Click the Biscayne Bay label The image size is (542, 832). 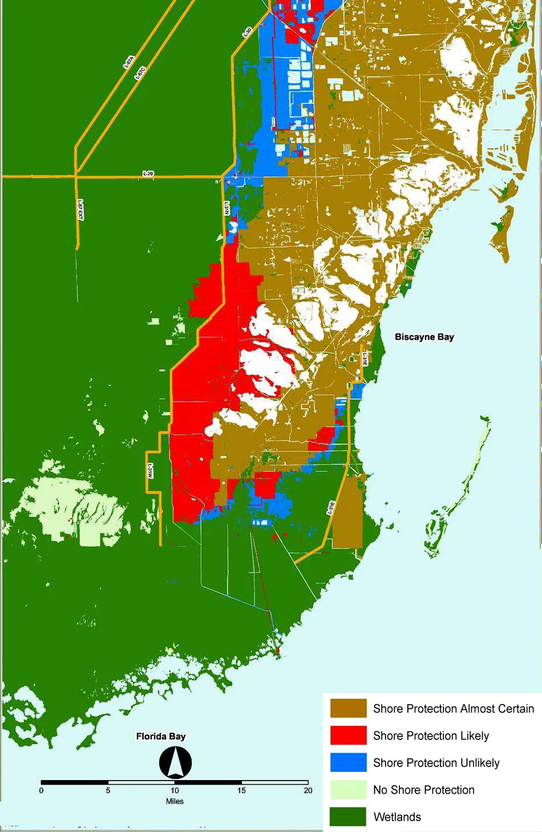tap(424, 337)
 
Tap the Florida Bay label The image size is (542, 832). tap(161, 736)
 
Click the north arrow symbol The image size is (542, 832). tap(175, 763)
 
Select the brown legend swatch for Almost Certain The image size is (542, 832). tap(348, 709)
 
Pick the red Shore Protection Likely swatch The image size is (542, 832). tap(348, 735)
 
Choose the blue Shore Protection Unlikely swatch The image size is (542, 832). tap(348, 762)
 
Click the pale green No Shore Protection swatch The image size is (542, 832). tap(348, 790)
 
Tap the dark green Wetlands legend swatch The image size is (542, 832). tap(348, 817)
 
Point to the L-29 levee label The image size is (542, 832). tap(148, 174)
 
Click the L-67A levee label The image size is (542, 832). tap(128, 62)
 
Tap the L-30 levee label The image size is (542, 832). tap(247, 33)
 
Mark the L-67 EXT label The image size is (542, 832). tap(80, 210)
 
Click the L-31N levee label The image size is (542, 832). tap(226, 208)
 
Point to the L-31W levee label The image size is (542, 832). tap(150, 472)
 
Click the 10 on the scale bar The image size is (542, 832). tap(175, 791)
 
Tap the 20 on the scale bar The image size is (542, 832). tap(308, 791)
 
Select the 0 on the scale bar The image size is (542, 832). tap(41, 791)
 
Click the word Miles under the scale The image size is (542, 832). tap(175, 801)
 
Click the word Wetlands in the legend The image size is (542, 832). tap(397, 817)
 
